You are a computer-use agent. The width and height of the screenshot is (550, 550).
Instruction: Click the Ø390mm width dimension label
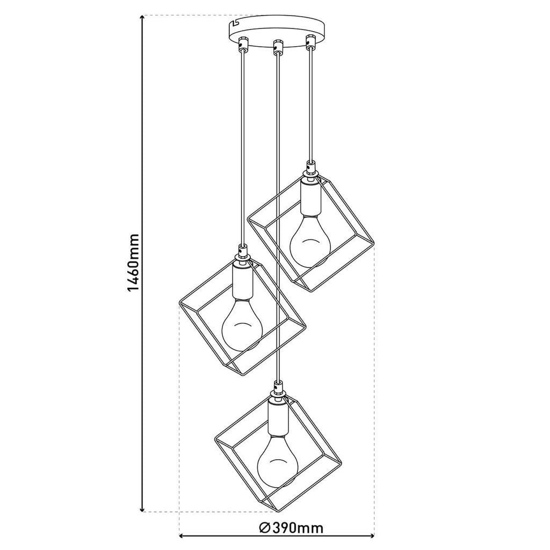click(x=291, y=529)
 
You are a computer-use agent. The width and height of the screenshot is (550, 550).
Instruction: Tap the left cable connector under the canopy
click(x=243, y=43)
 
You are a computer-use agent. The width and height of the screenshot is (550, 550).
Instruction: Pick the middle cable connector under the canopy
click(x=277, y=46)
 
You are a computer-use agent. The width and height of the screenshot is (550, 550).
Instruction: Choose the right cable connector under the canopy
click(x=309, y=42)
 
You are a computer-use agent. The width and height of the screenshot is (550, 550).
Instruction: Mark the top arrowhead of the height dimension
click(x=142, y=19)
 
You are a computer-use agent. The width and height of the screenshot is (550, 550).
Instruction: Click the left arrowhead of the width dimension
click(x=182, y=535)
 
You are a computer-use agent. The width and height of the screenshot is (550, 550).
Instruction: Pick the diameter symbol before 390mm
click(x=264, y=529)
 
